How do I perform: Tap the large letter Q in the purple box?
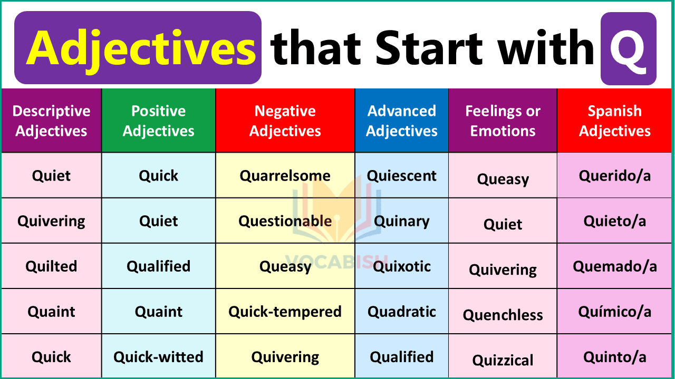(x=628, y=48)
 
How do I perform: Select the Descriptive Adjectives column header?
(x=51, y=121)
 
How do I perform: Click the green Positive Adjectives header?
(x=158, y=121)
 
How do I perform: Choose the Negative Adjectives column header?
(x=285, y=121)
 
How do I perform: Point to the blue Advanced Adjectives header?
(x=402, y=121)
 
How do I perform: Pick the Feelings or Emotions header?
(x=503, y=121)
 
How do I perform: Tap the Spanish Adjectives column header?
(x=615, y=121)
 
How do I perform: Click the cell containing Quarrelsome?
(x=285, y=176)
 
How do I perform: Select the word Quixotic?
(x=402, y=266)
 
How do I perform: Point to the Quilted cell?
(x=51, y=266)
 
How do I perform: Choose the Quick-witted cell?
(x=158, y=357)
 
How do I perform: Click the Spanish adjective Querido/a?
(x=615, y=176)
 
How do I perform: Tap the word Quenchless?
(x=503, y=315)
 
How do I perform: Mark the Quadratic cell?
(x=402, y=312)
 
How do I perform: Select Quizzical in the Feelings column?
(x=503, y=360)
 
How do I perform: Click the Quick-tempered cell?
(x=285, y=312)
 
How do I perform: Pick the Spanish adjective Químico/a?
(x=615, y=312)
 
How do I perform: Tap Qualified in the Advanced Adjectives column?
(x=402, y=357)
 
